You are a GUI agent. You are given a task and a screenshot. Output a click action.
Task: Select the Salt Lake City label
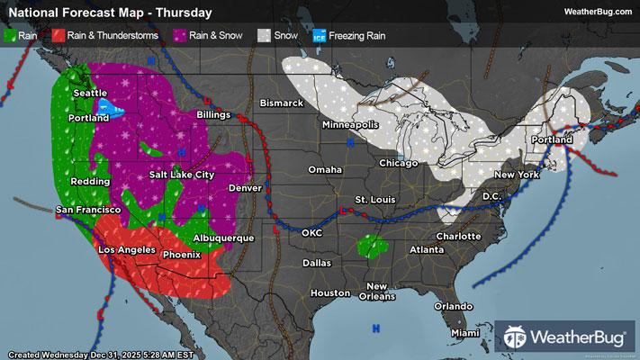click(x=182, y=175)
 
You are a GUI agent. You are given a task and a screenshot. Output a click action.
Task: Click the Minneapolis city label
click(x=350, y=124)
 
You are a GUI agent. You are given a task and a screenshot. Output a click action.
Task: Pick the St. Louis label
click(x=373, y=199)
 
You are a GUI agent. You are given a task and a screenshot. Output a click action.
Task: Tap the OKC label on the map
click(x=311, y=233)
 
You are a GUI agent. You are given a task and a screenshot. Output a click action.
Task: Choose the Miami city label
click(x=465, y=333)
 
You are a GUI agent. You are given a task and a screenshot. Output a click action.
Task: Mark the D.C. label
click(x=491, y=196)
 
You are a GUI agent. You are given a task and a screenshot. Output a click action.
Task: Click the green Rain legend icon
click(x=9, y=36)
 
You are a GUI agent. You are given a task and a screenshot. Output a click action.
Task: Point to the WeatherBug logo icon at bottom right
click(x=517, y=337)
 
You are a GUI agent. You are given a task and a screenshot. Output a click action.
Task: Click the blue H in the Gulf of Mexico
click(x=375, y=328)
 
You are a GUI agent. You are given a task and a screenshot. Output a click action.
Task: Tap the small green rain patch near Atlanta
click(x=370, y=245)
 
